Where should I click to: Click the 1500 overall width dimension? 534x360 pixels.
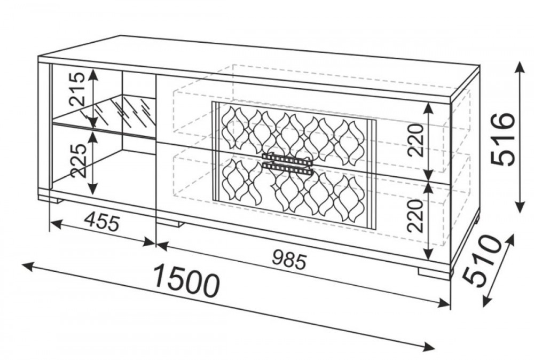pyautogui.click(x=185, y=280)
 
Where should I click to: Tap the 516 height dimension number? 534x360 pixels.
pyautogui.click(x=504, y=139)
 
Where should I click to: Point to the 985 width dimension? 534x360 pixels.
pyautogui.click(x=289, y=260)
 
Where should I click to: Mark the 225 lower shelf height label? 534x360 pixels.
pyautogui.click(x=77, y=161)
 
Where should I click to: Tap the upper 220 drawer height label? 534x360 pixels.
pyautogui.click(x=416, y=140)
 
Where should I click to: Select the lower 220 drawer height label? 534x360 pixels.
pyautogui.click(x=417, y=216)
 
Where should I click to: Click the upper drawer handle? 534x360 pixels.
pyautogui.click(x=288, y=157)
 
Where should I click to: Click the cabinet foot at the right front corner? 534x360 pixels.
pyautogui.click(x=434, y=273)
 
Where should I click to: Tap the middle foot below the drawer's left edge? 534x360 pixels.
pyautogui.click(x=170, y=224)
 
